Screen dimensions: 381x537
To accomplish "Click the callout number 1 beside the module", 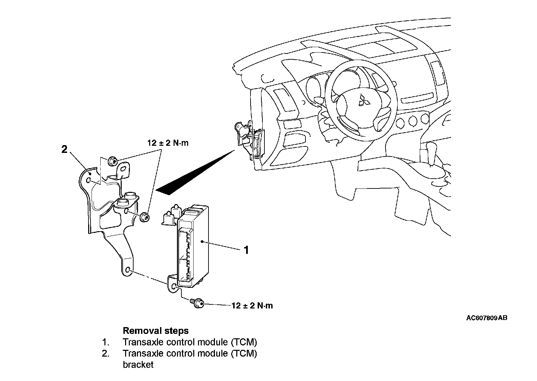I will [x=246, y=250].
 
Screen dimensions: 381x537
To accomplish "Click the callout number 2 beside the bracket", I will [x=64, y=149].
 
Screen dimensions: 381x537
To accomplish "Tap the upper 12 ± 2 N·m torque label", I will [x=168, y=143].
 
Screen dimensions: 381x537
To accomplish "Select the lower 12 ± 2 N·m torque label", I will [x=252, y=306].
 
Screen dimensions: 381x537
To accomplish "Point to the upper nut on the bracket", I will [x=112, y=162].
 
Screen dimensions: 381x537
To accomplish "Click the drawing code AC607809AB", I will [x=486, y=318].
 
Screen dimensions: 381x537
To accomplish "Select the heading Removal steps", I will [x=156, y=330].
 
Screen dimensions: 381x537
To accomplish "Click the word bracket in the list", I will [x=138, y=365].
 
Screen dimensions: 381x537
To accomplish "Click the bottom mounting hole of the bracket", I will [x=128, y=270].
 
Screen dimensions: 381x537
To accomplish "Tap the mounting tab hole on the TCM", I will [x=174, y=287].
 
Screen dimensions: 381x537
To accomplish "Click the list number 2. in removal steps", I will [x=106, y=353].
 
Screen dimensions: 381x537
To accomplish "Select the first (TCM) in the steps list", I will [x=243, y=342].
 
